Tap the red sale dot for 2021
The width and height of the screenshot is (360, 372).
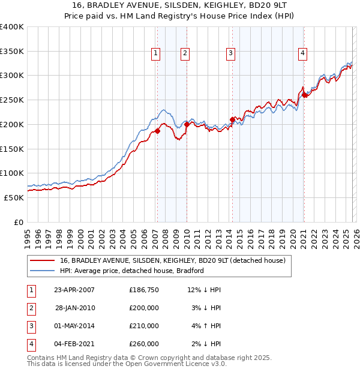pos(304,94)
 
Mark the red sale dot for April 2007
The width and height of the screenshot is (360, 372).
pos(157,130)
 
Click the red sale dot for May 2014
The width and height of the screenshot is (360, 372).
pos(232,119)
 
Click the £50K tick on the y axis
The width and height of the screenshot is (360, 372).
pos(14,197)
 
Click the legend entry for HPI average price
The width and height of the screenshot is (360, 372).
pos(132,271)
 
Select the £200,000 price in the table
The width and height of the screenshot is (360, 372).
pos(144,308)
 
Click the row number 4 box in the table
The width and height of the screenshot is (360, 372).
pos(31,344)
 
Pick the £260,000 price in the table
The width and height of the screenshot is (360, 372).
pos(144,344)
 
